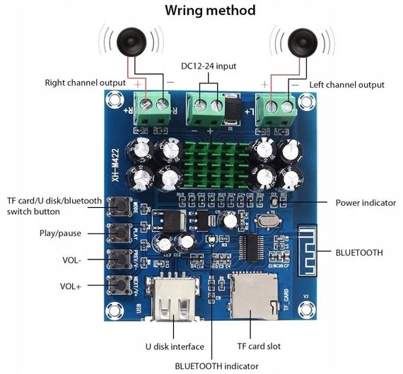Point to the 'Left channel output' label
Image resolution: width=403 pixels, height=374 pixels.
coord(347,85)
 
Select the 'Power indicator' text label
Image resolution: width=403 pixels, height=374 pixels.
coord(366,202)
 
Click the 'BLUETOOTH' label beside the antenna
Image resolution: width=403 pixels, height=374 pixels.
coord(359,252)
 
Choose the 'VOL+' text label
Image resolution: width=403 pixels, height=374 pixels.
coord(70,286)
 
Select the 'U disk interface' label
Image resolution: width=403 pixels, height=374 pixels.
coord(175,346)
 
